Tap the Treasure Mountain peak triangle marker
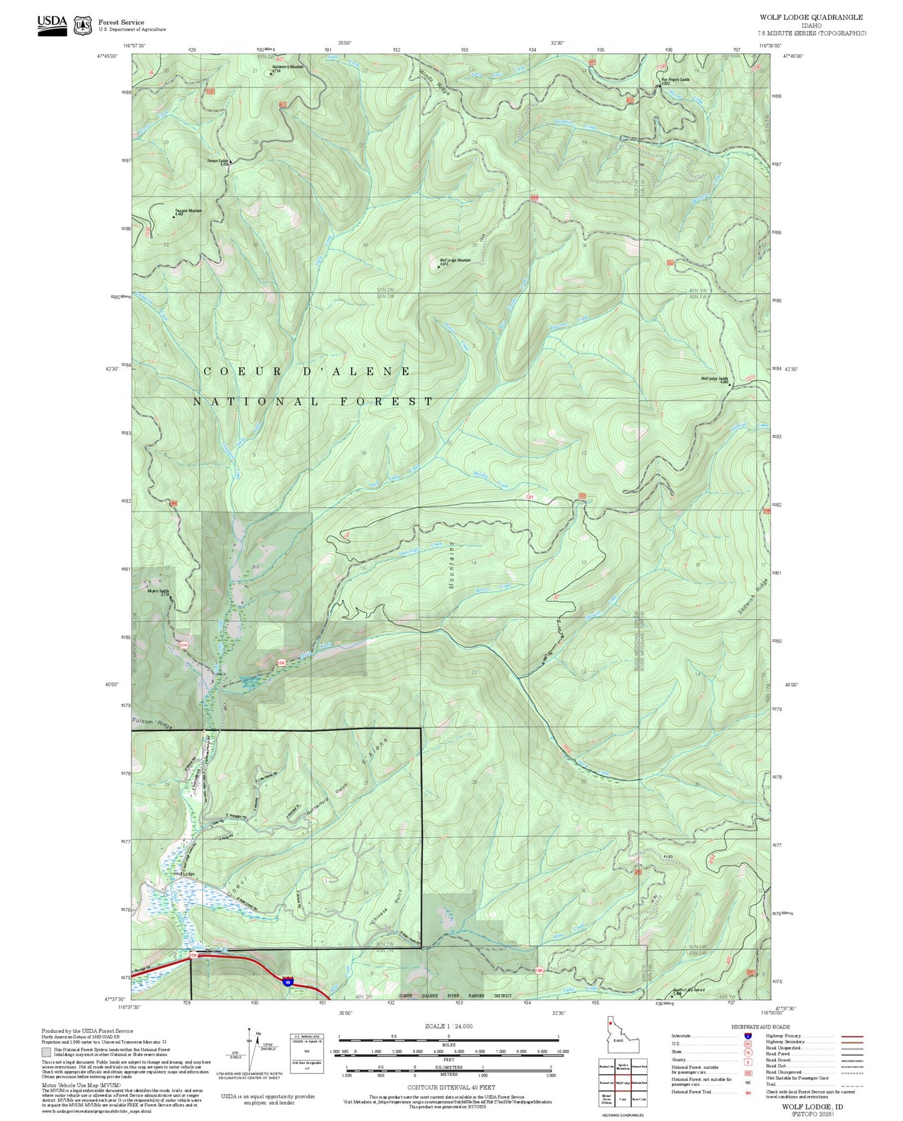coord(174,217)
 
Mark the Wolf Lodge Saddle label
coord(714,379)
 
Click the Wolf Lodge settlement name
coord(184,874)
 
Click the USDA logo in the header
coord(52,24)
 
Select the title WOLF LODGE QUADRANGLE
coord(811,17)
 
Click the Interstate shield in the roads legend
coord(747,1036)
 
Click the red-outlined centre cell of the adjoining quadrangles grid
coord(622,1080)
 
